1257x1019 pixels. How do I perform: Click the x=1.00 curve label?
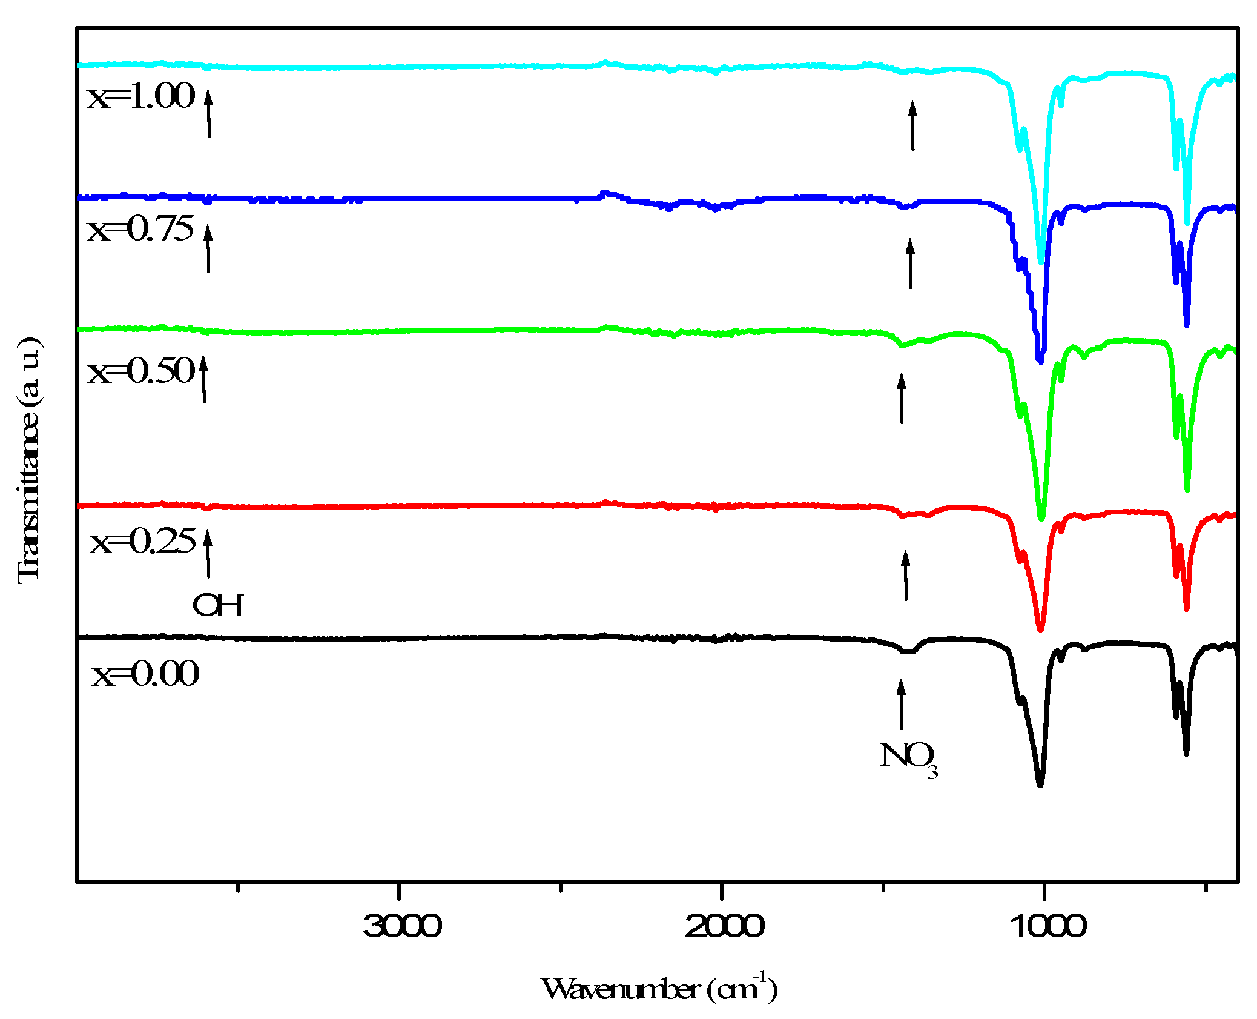coord(141,97)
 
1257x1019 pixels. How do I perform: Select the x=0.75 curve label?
coord(140,230)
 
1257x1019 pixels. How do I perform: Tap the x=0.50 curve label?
coord(142,371)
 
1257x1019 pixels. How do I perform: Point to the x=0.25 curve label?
coord(143,542)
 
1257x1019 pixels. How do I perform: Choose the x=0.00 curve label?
coord(145,674)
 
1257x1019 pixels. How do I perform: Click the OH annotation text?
coord(218,605)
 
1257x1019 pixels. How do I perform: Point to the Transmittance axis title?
coord(29,460)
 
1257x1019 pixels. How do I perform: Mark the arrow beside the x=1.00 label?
coord(209,113)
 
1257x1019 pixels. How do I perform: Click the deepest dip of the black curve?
coord(1040,784)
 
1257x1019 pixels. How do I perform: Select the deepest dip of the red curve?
coord(1040,630)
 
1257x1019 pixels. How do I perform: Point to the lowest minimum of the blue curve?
coord(1040,361)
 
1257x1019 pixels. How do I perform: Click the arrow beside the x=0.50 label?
coord(204,379)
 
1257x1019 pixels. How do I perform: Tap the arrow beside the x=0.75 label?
coord(208,248)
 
